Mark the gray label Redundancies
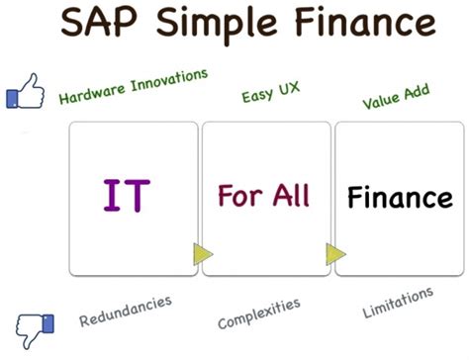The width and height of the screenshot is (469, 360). coord(126,310)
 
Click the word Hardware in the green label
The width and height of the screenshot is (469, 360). coord(92,92)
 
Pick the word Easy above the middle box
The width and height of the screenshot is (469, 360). coord(253,96)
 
